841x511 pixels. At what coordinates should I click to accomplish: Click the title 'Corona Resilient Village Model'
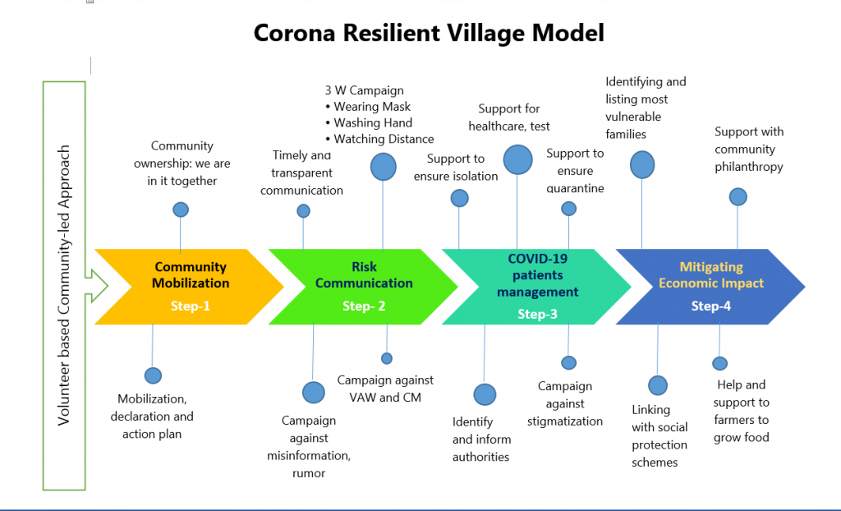428,33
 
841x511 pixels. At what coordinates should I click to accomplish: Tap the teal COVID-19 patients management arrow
537,286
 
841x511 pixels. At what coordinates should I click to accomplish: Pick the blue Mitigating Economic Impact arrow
711,286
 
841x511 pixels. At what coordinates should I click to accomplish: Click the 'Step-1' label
191,306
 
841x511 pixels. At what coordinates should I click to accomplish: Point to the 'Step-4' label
711,306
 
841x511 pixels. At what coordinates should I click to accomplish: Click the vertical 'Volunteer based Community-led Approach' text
64,286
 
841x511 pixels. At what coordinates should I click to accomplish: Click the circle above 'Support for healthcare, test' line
517,159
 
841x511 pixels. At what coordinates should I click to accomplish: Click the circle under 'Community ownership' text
181,209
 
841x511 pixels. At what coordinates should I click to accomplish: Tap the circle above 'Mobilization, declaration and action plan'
153,375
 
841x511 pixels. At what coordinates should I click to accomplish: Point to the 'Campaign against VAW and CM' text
385,389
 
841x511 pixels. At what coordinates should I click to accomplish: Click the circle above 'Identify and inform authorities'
485,394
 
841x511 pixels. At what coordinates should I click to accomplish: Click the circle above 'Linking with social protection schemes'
658,385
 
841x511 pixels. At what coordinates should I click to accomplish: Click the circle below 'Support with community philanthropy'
738,196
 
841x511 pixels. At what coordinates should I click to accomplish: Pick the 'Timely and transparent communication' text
301,173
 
